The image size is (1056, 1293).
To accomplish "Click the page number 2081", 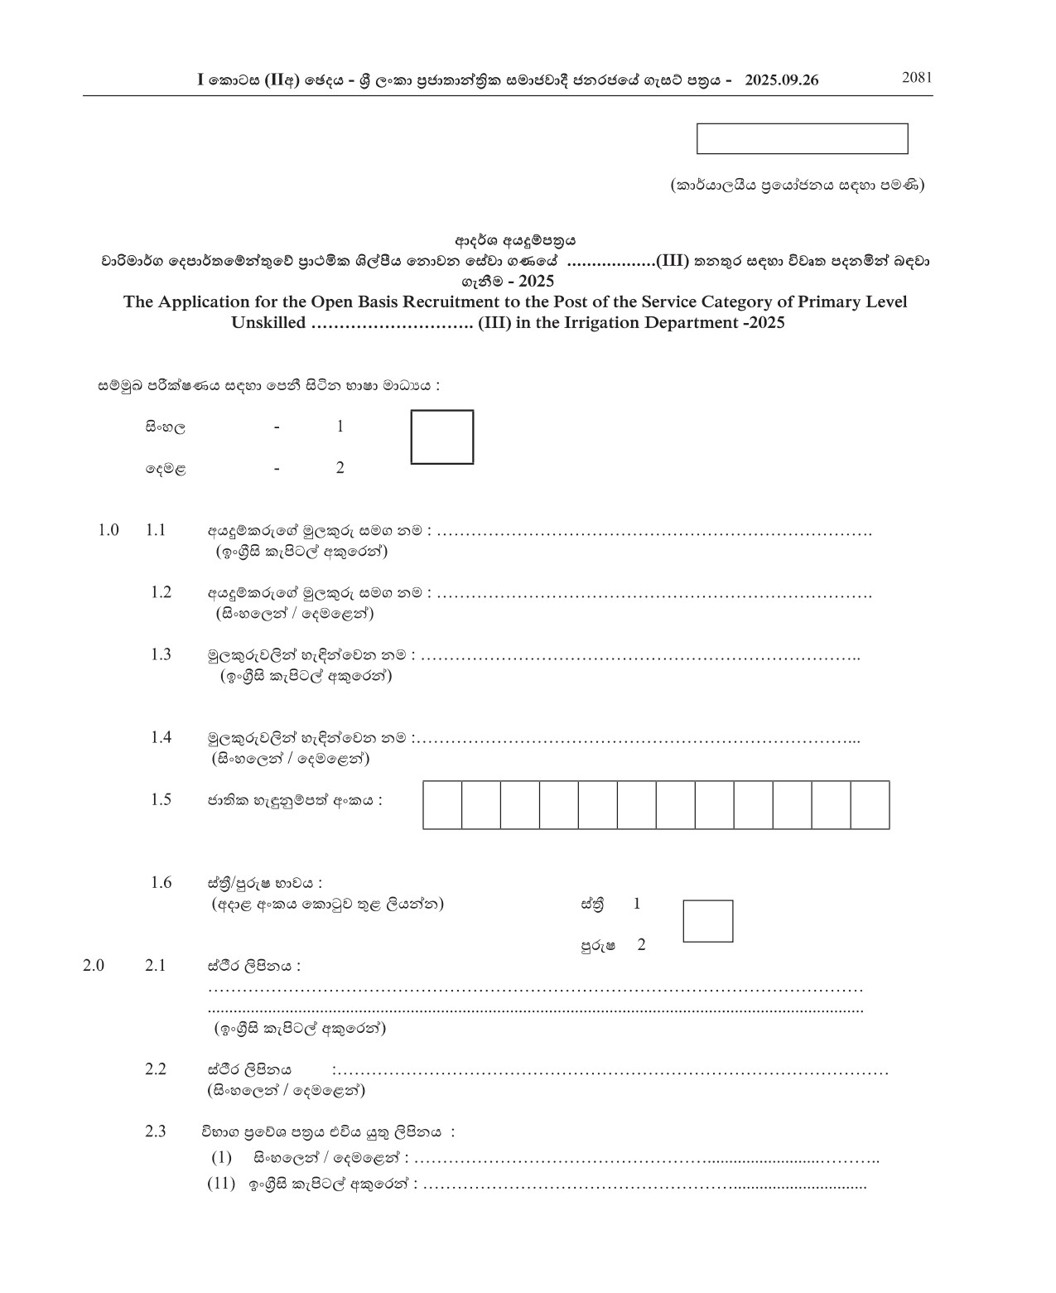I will click(x=917, y=78).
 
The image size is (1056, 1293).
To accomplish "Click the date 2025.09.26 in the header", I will click(x=781, y=80).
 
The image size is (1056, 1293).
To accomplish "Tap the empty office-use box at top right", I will click(x=802, y=138).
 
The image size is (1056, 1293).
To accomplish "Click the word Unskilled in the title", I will click(x=268, y=323).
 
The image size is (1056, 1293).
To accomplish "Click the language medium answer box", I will click(x=442, y=437).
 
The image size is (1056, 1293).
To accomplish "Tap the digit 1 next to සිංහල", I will click(x=340, y=427).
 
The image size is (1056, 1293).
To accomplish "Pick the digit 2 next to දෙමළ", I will click(x=340, y=468).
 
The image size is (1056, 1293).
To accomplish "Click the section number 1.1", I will click(x=156, y=530).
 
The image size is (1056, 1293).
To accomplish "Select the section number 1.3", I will click(x=161, y=654).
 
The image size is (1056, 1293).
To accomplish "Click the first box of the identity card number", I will click(x=442, y=804).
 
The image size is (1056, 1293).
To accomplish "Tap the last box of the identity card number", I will click(x=870, y=804).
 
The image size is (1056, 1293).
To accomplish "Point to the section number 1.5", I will click(x=161, y=799).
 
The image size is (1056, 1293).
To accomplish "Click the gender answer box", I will click(x=707, y=921).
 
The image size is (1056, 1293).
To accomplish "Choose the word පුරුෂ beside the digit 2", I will click(x=597, y=945).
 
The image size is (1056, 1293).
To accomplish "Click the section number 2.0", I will click(x=94, y=965).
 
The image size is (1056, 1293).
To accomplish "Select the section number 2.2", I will click(x=156, y=1069).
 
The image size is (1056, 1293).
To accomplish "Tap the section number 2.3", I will click(x=156, y=1131).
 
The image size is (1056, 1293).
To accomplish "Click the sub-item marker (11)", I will click(x=221, y=1184).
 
